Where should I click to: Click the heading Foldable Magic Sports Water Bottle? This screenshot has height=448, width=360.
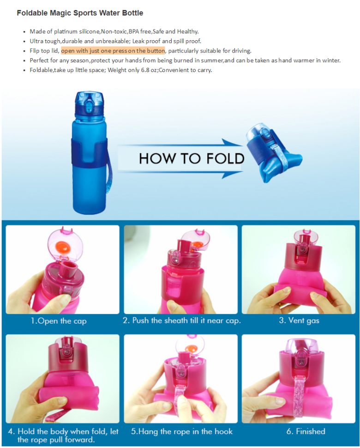point(80,13)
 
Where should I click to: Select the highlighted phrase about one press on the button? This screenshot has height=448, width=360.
point(113,50)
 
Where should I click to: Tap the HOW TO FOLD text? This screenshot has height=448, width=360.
point(192,158)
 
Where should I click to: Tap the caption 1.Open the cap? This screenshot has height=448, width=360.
point(59,321)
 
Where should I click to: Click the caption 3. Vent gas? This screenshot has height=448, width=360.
point(299,321)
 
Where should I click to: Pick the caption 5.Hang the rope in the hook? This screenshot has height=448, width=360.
point(182,431)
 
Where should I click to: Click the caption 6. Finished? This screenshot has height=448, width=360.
point(306,431)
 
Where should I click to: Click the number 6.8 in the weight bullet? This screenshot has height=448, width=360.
point(145,70)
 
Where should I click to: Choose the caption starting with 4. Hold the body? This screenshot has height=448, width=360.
point(63,435)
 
